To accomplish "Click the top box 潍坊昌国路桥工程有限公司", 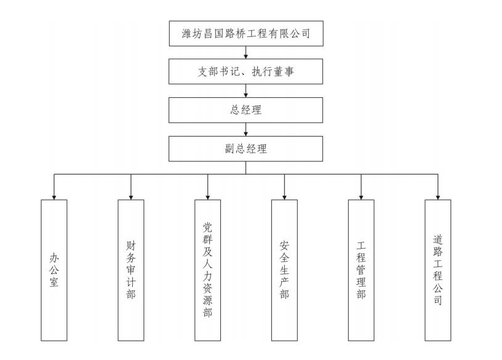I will (x=246, y=33).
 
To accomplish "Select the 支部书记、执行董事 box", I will (x=246, y=72).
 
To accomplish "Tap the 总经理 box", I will (x=246, y=110).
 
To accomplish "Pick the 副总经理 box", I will (x=246, y=148).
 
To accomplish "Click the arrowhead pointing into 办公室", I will (x=54, y=196).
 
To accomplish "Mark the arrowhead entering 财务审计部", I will (x=131, y=196).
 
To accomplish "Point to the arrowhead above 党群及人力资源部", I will (x=207, y=196).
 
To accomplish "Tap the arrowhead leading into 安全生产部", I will (x=284, y=196).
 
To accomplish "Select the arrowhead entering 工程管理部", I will (x=361, y=196).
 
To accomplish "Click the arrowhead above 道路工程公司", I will (x=437, y=196).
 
